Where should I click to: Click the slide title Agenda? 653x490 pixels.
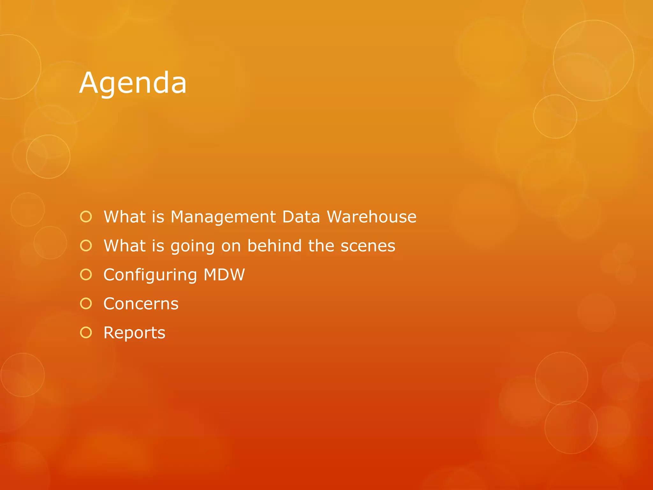coord(133,83)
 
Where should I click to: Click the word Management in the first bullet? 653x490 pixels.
coord(223,217)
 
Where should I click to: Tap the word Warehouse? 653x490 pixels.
coord(372,217)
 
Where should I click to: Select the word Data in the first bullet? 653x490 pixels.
coord(301,217)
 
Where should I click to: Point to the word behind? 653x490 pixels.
coord(275,246)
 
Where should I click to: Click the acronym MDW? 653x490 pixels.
coord(224,275)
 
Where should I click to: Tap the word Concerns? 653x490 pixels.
coord(141,304)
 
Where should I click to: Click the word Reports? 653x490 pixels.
coord(134,333)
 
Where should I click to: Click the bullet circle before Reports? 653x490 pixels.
coord(86,332)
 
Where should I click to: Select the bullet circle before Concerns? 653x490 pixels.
coord(86,303)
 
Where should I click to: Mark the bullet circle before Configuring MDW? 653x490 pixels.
coord(86,274)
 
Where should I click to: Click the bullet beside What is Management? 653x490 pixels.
coord(86,217)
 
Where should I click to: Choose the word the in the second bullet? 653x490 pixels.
coord(321,246)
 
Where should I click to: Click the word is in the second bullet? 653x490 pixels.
coord(158,246)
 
